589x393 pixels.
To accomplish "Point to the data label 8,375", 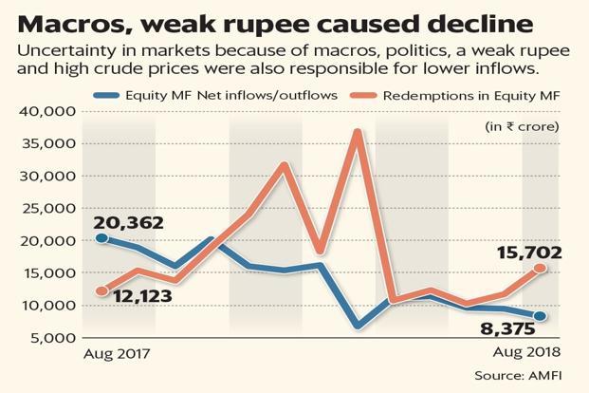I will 493,329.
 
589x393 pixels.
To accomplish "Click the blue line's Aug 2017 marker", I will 101,237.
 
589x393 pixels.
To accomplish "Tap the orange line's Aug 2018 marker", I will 541,269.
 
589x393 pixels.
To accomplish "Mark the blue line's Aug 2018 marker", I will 541,316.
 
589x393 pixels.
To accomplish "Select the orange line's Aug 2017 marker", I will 101,290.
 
